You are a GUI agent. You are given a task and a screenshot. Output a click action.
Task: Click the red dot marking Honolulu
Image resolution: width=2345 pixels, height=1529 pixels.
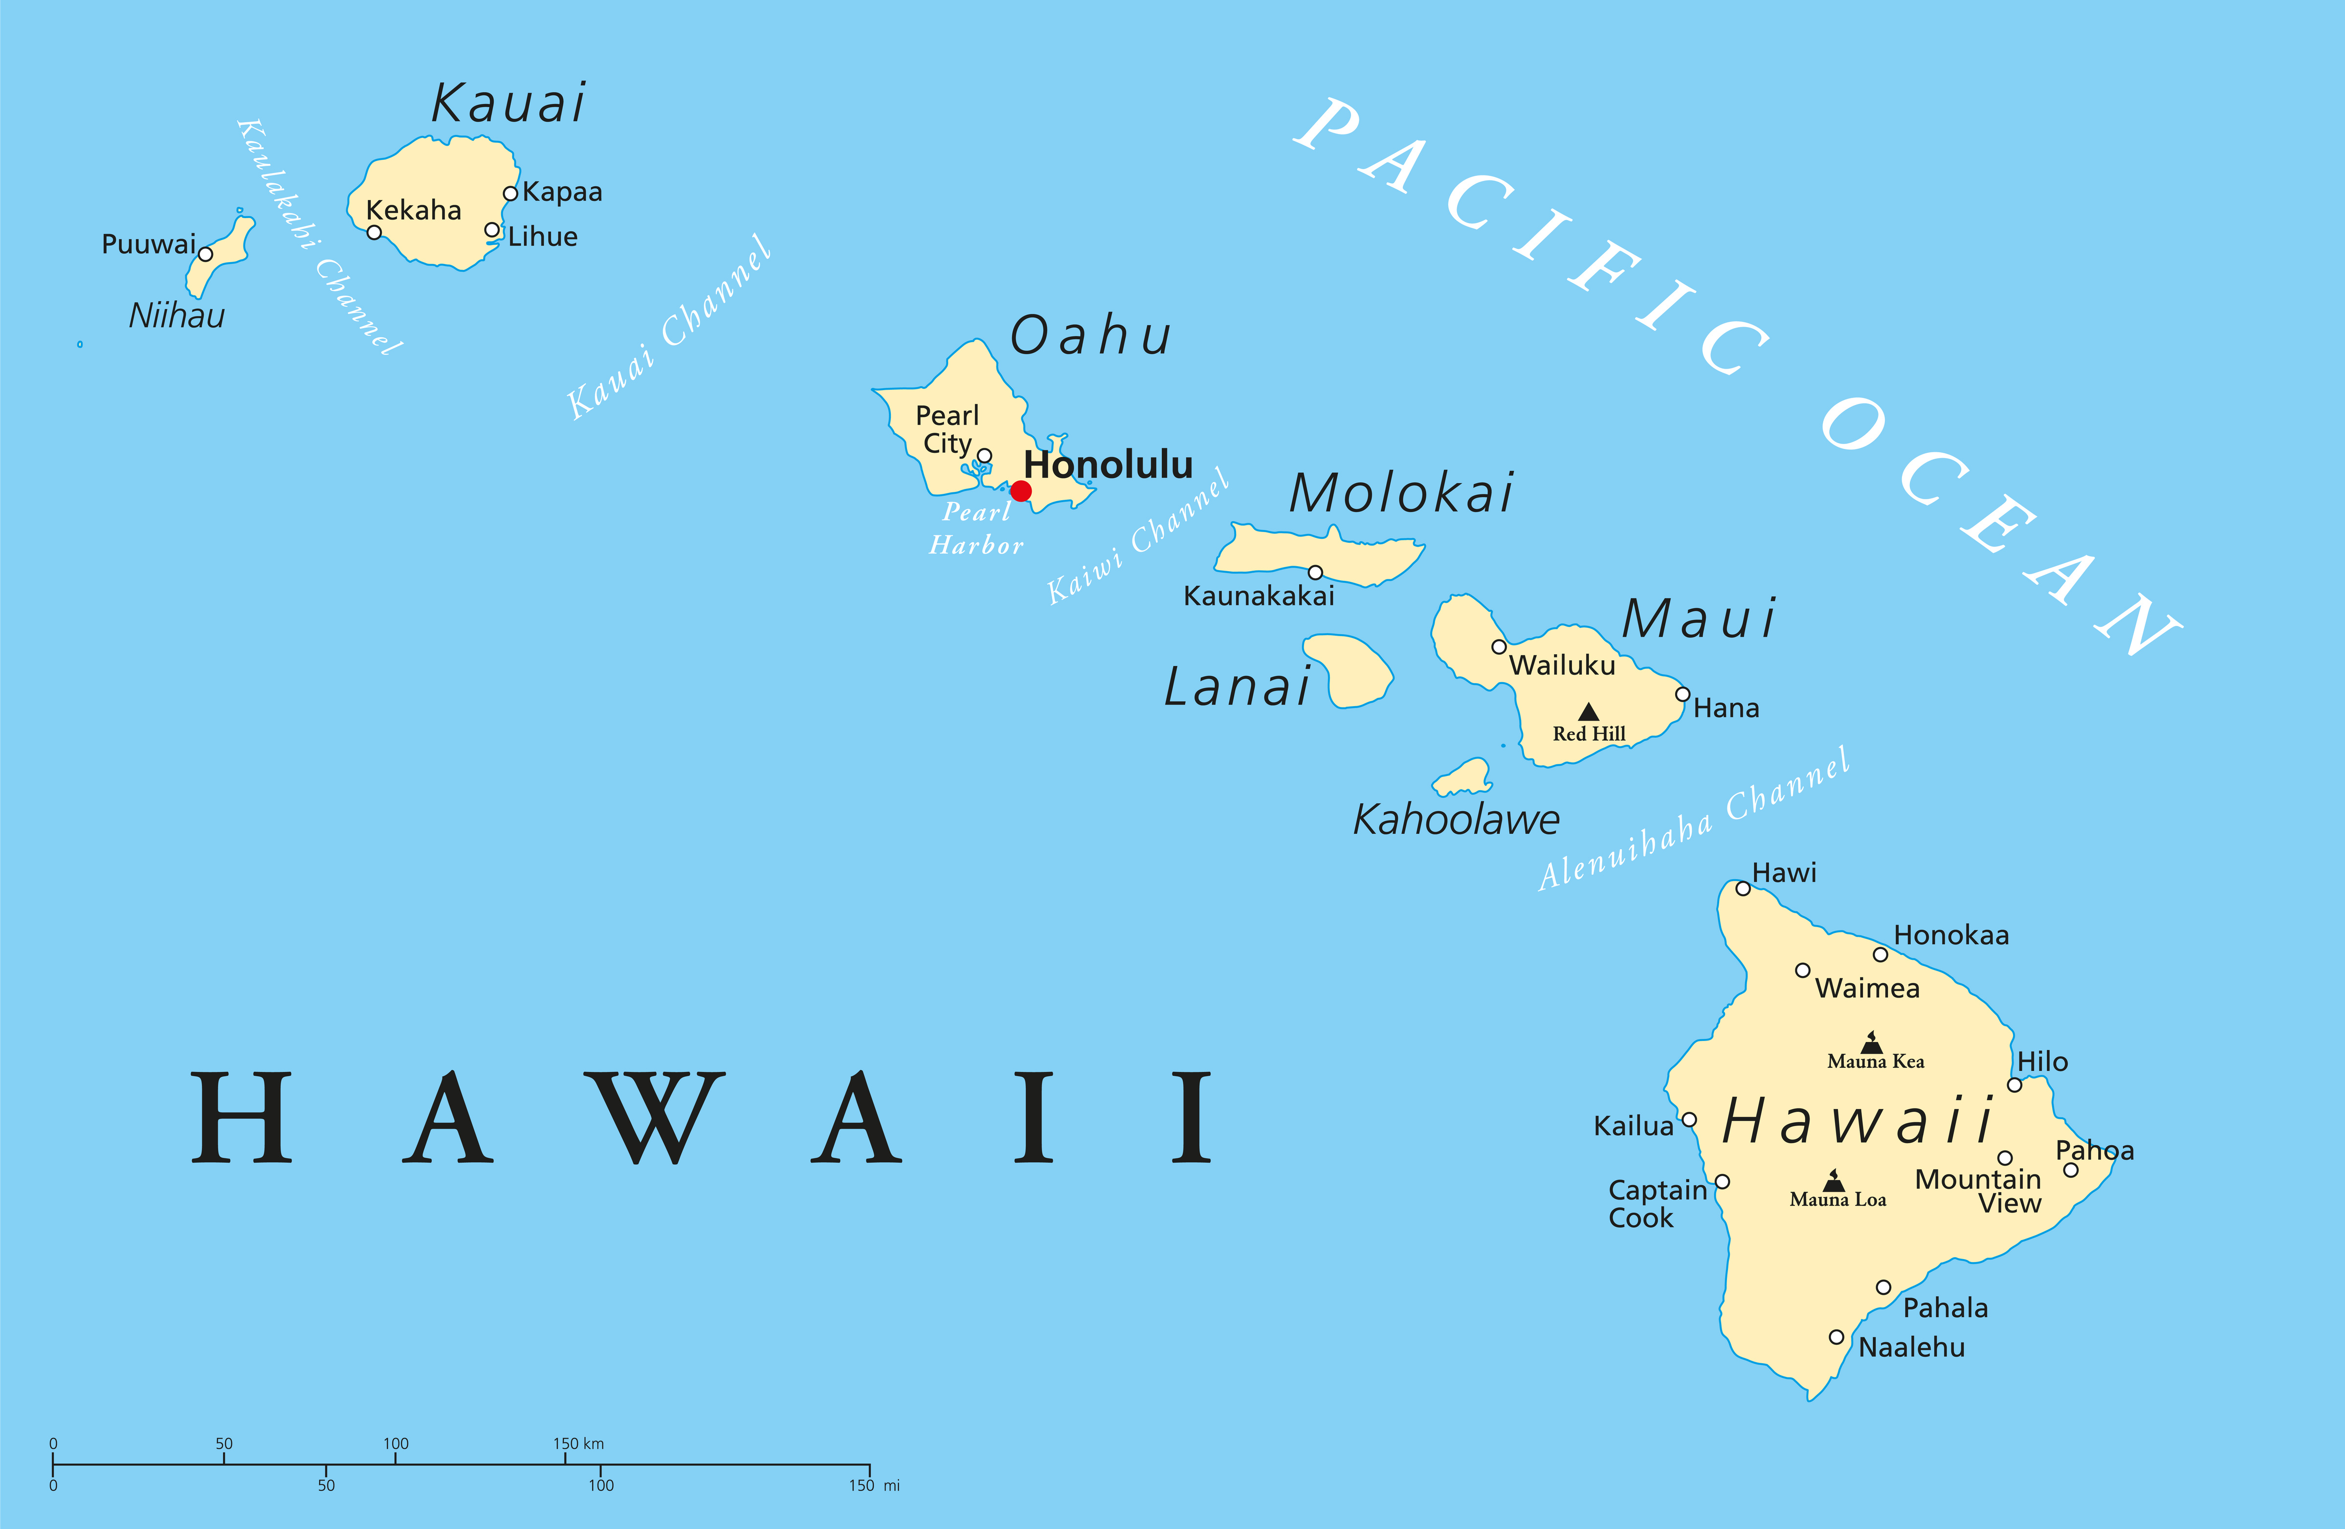[x=1021, y=490]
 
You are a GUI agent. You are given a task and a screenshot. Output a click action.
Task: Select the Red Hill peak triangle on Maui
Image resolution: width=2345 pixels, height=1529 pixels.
[x=1588, y=711]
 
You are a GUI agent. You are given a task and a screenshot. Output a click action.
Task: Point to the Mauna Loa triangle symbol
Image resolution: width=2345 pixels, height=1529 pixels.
[x=1834, y=1180]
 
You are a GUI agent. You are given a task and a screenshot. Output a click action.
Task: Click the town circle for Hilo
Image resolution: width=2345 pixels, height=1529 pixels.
[x=2014, y=1085]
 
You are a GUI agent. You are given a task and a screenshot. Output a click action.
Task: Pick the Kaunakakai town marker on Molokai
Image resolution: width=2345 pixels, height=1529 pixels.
[x=1315, y=573]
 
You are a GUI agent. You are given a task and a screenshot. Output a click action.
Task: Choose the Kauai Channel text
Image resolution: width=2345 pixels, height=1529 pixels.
[x=669, y=327]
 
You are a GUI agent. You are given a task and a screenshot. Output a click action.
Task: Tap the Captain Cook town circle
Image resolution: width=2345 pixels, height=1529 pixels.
[x=1722, y=1181]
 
